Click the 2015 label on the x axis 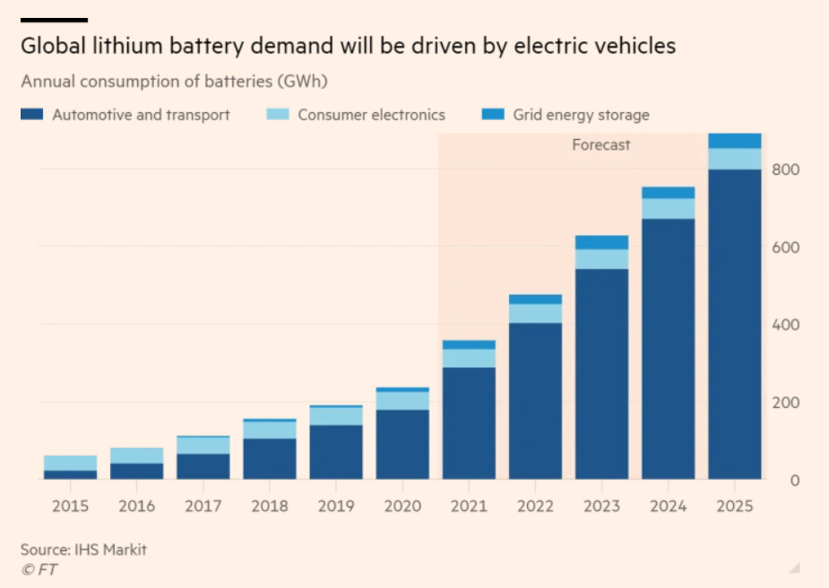[x=71, y=506]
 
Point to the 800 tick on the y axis [x=785, y=169]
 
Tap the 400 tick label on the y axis [x=785, y=324]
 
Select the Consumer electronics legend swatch [x=278, y=115]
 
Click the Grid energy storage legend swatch [x=493, y=115]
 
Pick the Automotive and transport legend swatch [x=32, y=115]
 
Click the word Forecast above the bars [x=601, y=144]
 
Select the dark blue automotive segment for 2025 [x=735, y=323]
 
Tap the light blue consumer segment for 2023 [x=602, y=259]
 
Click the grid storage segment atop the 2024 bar [x=669, y=193]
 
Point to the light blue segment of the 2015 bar [x=71, y=463]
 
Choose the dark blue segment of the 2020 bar [x=402, y=444]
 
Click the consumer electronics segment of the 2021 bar [x=469, y=358]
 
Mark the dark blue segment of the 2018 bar [x=270, y=458]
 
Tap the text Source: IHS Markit [x=83, y=549]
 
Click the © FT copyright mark [x=39, y=569]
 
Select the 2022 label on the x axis [x=535, y=506]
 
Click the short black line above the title [x=54, y=20]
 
